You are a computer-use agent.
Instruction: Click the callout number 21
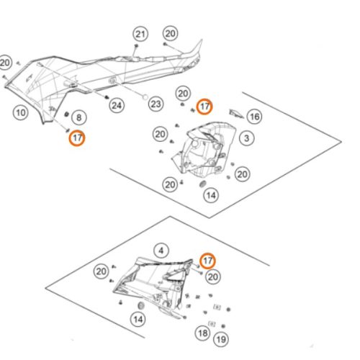(140, 34)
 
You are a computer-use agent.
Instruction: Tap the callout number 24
(117, 105)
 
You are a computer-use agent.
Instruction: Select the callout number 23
(156, 104)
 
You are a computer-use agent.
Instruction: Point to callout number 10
(21, 112)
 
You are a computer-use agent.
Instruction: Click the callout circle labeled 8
(79, 117)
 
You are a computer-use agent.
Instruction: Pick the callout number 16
(255, 117)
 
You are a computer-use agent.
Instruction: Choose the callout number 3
(246, 138)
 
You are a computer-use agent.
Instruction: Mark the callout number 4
(161, 251)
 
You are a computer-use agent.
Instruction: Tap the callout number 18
(203, 333)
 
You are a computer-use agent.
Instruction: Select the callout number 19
(221, 339)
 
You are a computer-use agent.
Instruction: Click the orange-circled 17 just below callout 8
(77, 138)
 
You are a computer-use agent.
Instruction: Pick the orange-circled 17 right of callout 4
(208, 261)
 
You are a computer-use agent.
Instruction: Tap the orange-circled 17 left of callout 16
(204, 107)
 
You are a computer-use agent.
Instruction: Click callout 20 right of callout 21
(171, 33)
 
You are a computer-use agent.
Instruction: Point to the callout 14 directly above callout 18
(211, 195)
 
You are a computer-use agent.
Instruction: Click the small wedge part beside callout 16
(236, 114)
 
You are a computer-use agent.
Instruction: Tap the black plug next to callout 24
(107, 97)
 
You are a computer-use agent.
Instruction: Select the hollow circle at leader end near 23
(145, 97)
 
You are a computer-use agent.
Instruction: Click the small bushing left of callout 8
(67, 114)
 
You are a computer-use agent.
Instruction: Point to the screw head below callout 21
(136, 45)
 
